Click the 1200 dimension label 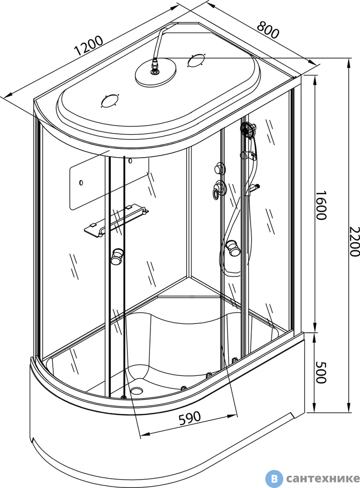[x=88, y=45]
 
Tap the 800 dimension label [x=268, y=30]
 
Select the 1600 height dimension [x=320, y=205]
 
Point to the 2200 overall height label [x=354, y=242]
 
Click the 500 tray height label [x=320, y=372]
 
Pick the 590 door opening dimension [x=190, y=418]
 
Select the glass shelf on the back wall [x=116, y=220]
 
